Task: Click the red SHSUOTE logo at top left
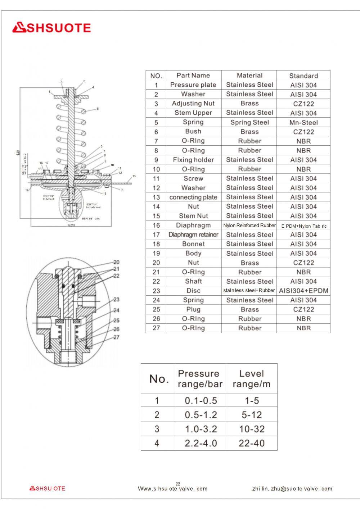click(51, 28)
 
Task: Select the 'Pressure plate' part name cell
click(193, 85)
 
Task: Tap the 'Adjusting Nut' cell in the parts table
click(193, 104)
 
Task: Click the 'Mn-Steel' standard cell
click(303, 122)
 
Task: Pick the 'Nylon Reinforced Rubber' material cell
click(249, 226)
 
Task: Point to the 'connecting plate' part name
click(193, 197)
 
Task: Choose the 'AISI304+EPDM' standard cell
click(303, 291)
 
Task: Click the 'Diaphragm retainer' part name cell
click(193, 235)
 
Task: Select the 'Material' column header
click(249, 76)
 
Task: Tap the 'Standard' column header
click(303, 76)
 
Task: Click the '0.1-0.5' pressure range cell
click(201, 400)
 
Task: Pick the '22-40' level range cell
click(252, 443)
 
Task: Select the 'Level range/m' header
click(252, 379)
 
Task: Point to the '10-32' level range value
click(252, 429)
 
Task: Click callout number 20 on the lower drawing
click(116, 262)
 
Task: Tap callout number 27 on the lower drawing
click(116, 337)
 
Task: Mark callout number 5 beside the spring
click(98, 109)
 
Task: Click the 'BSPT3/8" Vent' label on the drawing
click(91, 219)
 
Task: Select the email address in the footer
click(292, 488)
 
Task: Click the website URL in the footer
click(172, 488)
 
